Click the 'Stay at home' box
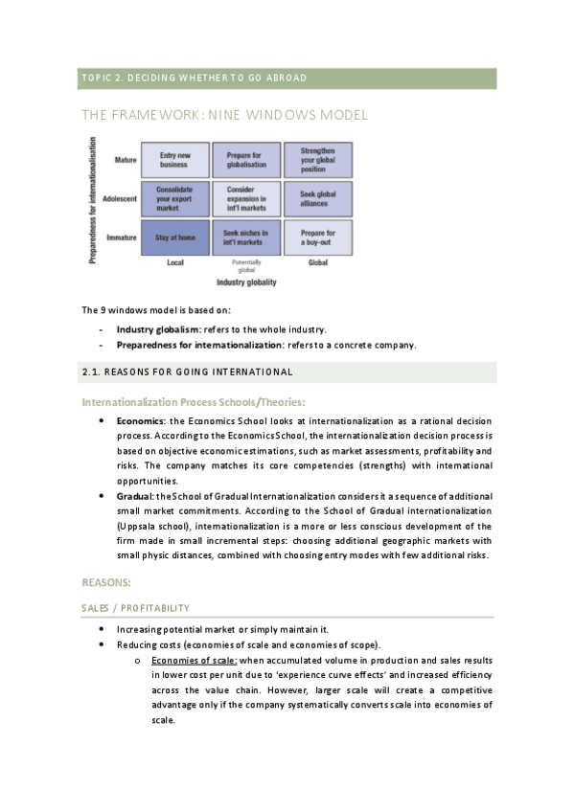coord(175,237)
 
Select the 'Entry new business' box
coord(175,159)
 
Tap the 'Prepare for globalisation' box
coord(246,159)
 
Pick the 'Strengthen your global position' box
coord(317,159)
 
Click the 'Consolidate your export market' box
coord(175,198)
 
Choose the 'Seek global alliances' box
coord(317,198)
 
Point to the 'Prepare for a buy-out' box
coord(317,237)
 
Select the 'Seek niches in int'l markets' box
coord(246,237)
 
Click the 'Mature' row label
coord(125,159)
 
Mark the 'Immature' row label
coord(123,237)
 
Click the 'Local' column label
coord(175,262)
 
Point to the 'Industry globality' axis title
coord(246,282)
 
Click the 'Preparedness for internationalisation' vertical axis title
coord(93,199)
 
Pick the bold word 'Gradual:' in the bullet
coord(135,496)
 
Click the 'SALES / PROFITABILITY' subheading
coord(135,608)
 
